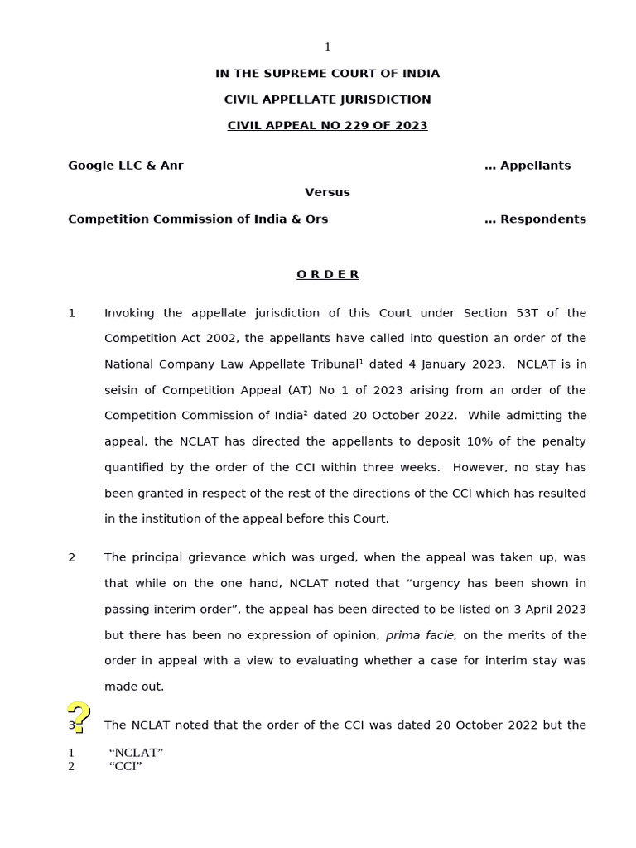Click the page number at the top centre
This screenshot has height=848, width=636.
(x=327, y=47)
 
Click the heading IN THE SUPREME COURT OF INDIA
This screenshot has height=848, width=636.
(x=327, y=74)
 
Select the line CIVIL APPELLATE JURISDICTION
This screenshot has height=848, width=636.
(x=327, y=99)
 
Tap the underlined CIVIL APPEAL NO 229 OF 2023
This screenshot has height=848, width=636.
(x=327, y=126)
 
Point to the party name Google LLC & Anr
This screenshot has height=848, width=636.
(x=126, y=166)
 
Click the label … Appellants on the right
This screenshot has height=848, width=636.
(x=528, y=166)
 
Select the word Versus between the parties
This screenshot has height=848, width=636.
(x=327, y=192)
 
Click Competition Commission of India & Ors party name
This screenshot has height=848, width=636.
(x=198, y=219)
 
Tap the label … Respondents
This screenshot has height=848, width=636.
(x=535, y=219)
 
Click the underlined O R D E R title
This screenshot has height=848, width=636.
(x=327, y=275)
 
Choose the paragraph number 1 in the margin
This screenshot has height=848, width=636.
(x=72, y=313)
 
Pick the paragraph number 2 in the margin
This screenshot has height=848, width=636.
(x=72, y=557)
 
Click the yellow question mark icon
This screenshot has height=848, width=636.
(x=78, y=717)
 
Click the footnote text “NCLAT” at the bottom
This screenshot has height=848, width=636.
(x=136, y=753)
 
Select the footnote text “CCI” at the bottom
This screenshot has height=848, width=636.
(x=125, y=766)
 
